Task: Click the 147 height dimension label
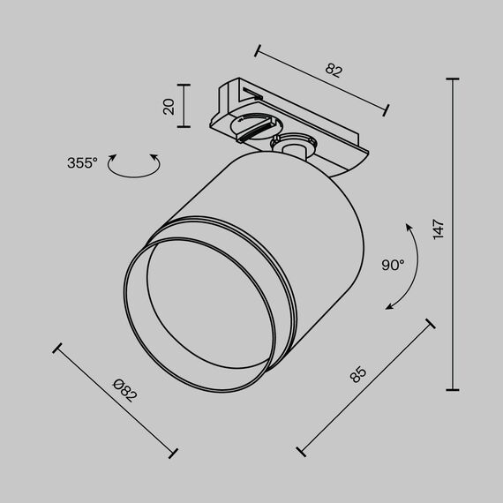point(439,229)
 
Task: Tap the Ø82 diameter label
point(126,390)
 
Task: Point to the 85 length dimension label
point(357,374)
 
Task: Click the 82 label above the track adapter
point(334,71)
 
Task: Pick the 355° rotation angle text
point(82,162)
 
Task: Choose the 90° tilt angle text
point(393,264)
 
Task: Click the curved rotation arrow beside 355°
point(133,166)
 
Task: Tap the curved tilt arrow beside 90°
point(404,266)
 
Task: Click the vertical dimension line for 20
point(184,106)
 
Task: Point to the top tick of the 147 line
point(454,79)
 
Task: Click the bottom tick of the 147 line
point(454,389)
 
